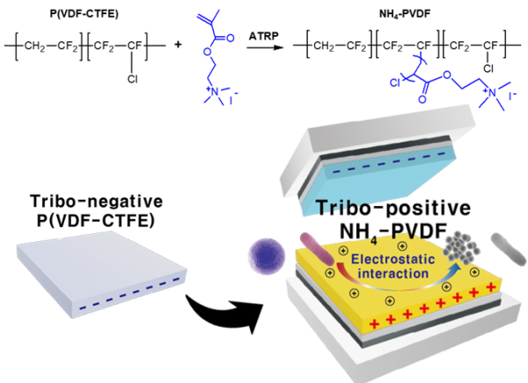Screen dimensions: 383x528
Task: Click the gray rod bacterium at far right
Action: click(x=500, y=244)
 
